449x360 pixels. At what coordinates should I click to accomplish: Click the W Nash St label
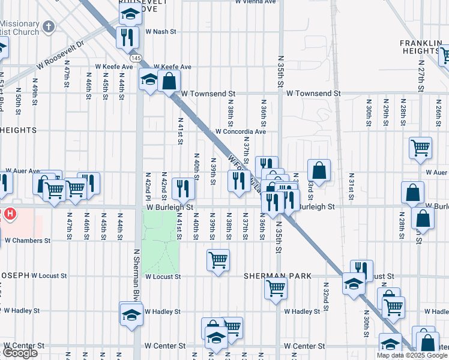160,31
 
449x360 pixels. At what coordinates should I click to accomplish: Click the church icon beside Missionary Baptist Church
48,27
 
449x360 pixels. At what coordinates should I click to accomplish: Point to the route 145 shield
137,58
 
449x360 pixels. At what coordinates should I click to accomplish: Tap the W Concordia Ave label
240,131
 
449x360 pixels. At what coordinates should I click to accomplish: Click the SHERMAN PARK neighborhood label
277,276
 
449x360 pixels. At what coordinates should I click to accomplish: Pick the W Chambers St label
28,240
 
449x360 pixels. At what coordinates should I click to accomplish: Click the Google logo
20,353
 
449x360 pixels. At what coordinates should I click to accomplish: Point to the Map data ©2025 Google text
412,355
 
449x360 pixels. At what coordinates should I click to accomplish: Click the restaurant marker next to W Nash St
127,38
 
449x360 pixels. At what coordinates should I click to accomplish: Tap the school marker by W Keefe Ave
149,80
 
